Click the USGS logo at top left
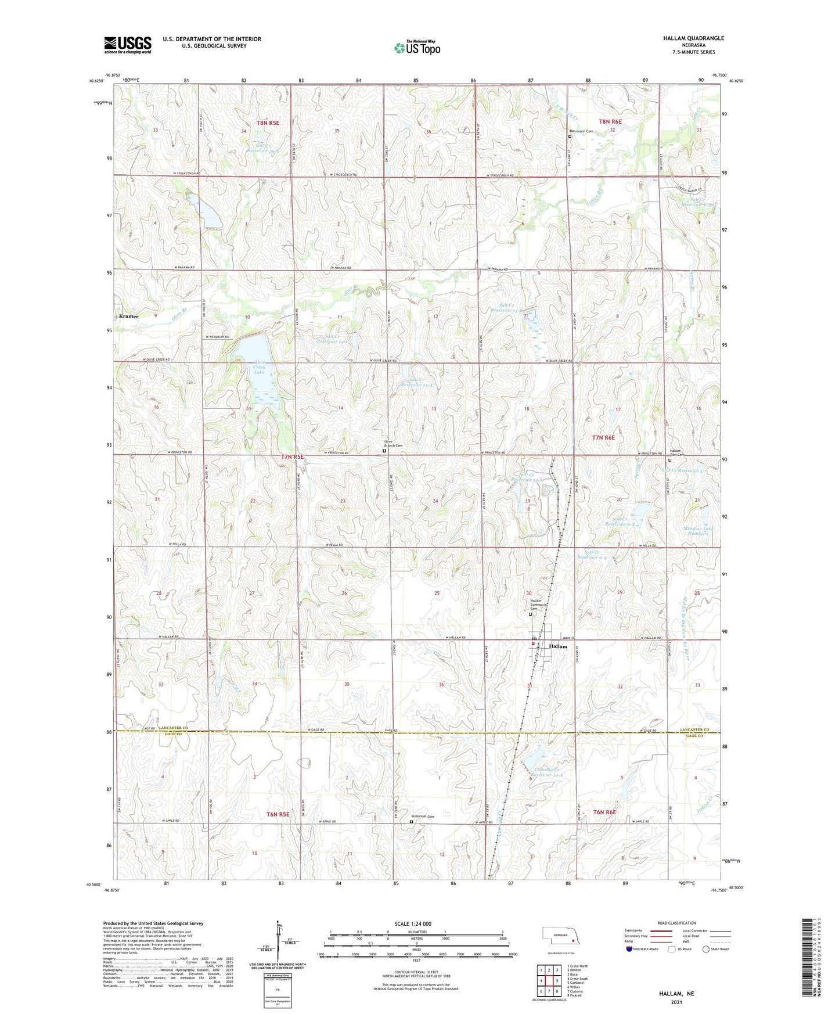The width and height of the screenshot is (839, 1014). coord(127,45)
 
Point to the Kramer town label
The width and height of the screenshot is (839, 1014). coord(128,317)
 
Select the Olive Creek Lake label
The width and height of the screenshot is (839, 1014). coord(259,368)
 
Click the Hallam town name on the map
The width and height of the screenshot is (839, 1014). coord(558,646)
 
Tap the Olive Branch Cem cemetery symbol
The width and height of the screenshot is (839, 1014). coord(384,450)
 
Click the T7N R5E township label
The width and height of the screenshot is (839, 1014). coord(293,457)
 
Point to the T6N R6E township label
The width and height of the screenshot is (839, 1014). coord(604,812)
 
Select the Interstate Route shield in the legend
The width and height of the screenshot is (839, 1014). coord(629,949)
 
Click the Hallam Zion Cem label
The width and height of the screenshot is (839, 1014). coord(675,453)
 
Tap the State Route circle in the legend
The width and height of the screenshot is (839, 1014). coord(706,949)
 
